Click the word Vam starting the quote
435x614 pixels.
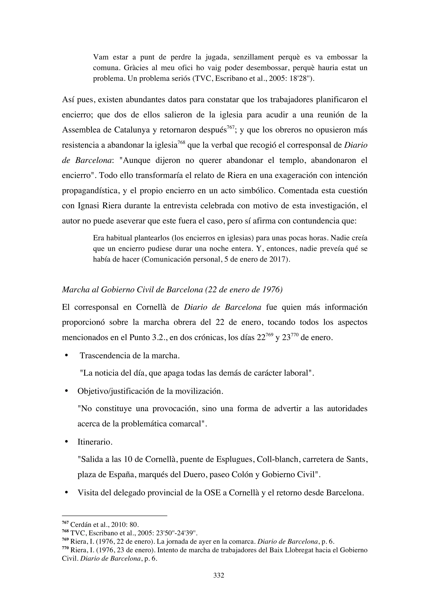(x=101, y=57)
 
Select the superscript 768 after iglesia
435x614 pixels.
(x=181, y=142)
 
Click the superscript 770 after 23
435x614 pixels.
(x=295, y=334)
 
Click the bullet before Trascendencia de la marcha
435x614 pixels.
(x=66, y=356)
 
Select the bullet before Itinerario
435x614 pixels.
(x=66, y=442)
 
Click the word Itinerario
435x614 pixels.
(x=95, y=442)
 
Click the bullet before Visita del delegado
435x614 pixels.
(x=66, y=493)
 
